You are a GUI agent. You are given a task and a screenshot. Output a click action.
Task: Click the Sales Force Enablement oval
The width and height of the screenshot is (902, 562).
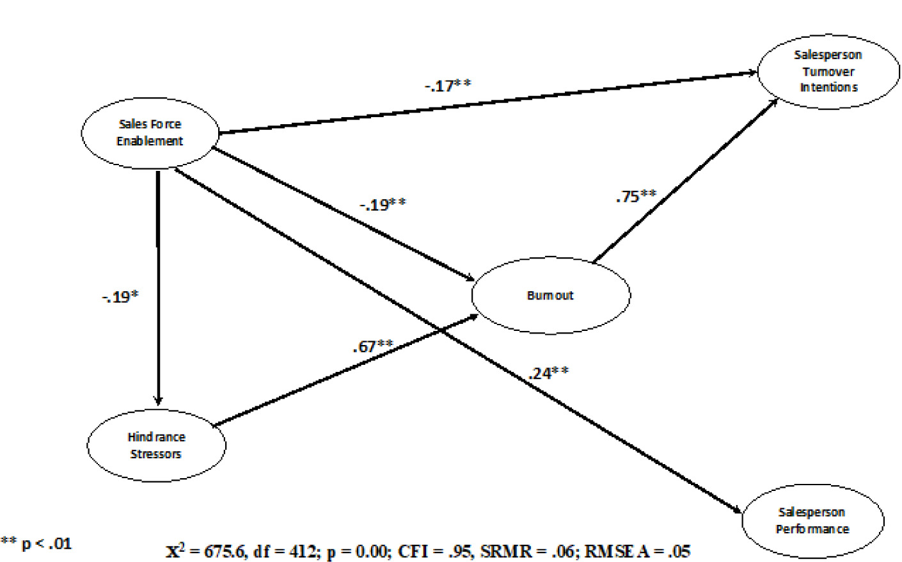click(x=150, y=132)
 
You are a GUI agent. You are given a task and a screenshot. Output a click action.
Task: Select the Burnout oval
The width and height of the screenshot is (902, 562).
click(x=550, y=295)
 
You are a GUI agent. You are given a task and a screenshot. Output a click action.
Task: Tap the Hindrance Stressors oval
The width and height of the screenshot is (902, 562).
click(x=156, y=446)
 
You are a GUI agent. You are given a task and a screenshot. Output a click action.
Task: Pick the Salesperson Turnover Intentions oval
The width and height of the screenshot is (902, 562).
click(x=828, y=71)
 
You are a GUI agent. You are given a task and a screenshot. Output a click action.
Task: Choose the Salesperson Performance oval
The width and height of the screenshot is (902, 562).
click(x=812, y=520)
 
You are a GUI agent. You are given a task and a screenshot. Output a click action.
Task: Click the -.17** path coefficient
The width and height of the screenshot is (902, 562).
click(x=448, y=85)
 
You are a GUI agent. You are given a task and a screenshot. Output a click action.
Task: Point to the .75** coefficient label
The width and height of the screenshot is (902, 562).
click(x=636, y=196)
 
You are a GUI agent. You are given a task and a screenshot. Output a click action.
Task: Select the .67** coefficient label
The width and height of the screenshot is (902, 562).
click(x=373, y=346)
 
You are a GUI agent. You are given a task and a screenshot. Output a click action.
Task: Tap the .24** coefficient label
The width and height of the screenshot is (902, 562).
click(x=548, y=373)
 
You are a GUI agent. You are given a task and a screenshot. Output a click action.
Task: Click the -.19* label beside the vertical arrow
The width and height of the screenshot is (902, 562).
click(x=120, y=297)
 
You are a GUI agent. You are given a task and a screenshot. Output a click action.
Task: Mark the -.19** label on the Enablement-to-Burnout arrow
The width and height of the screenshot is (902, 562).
click(x=383, y=205)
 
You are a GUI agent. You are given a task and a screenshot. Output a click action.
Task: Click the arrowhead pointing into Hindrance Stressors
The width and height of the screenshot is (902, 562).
click(x=158, y=399)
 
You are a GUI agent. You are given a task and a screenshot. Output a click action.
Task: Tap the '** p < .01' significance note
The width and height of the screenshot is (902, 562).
click(x=36, y=544)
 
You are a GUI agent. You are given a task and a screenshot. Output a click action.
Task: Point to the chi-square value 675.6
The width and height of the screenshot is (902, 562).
click(x=225, y=550)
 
